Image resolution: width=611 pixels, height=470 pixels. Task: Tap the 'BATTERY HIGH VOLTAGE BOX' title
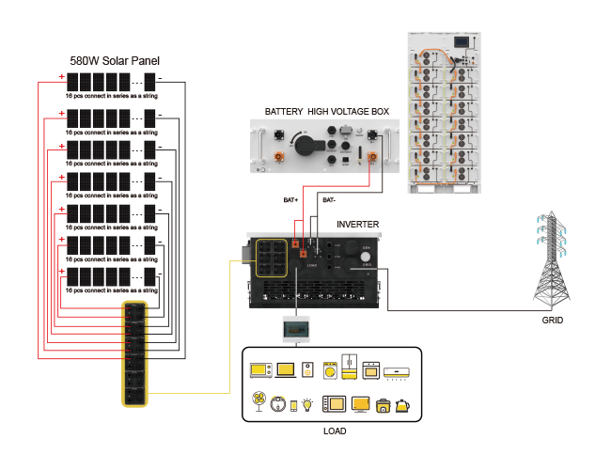[x=326, y=112]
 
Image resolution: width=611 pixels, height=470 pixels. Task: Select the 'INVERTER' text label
[x=359, y=226]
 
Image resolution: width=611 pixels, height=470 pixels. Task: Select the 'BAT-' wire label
[x=329, y=200]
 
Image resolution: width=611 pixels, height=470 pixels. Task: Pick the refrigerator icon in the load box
[x=350, y=368]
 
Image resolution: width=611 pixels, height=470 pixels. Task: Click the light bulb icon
[x=307, y=405]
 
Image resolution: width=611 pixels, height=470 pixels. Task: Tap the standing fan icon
[x=257, y=404]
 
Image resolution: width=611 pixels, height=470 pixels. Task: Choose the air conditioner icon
[x=398, y=371]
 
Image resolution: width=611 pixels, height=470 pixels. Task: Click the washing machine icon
[x=330, y=369]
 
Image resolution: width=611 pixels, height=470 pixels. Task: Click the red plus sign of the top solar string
[x=62, y=78]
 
